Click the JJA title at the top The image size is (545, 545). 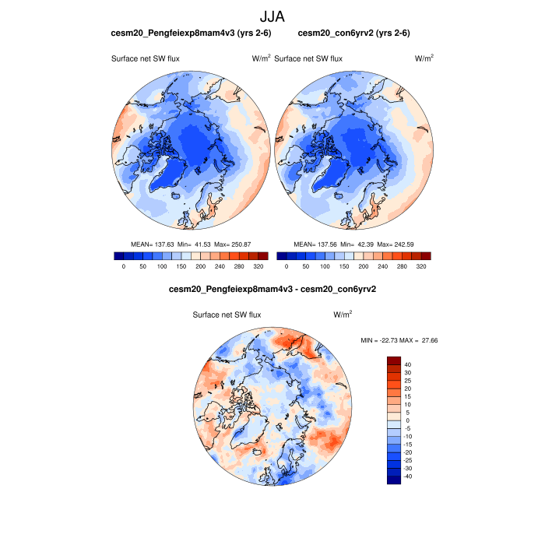pos(272,16)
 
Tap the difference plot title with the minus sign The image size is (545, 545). pos(272,289)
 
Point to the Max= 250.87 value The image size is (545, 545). pos(242,244)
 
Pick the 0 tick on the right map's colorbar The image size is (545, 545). pos(287,266)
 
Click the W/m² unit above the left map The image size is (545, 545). pos(261,58)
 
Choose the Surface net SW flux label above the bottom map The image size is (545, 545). pos(227,315)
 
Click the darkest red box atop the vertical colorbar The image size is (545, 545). pos(394,360)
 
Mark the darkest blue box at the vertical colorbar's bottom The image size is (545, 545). pos(394,480)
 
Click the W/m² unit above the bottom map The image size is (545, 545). pos(343,315)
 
